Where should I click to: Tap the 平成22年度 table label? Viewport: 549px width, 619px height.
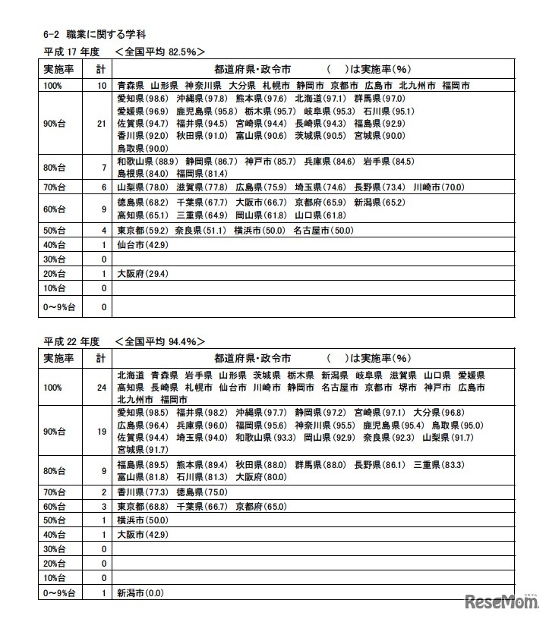(71, 341)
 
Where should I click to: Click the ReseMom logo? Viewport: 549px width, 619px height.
(497, 601)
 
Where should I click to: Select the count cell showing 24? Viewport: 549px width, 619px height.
(101, 387)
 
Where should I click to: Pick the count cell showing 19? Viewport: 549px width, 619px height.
(101, 431)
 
